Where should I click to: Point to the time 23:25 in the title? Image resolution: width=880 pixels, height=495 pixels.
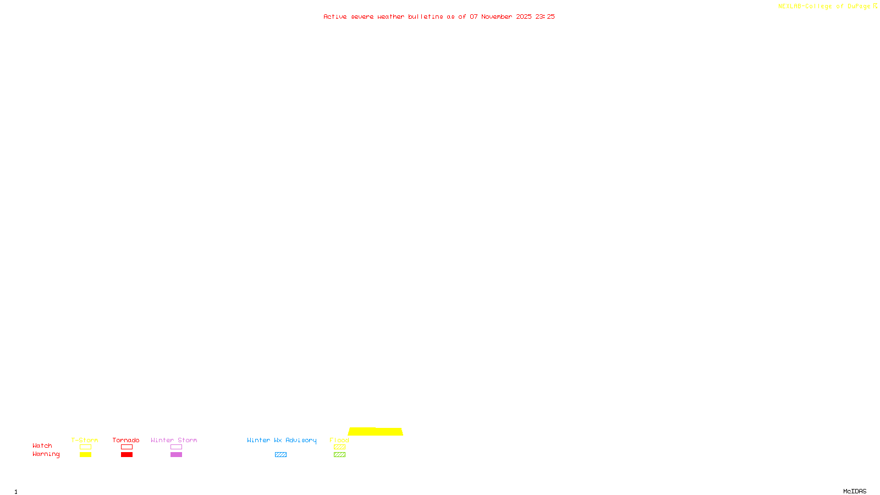pyautogui.click(x=545, y=16)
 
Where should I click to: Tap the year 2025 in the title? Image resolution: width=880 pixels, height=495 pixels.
pyautogui.click(x=524, y=16)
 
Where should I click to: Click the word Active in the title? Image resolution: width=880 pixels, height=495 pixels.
pyautogui.click(x=335, y=16)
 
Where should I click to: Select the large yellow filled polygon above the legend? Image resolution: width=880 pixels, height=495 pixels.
pyautogui.click(x=376, y=432)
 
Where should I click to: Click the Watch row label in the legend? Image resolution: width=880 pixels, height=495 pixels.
pyautogui.click(x=42, y=446)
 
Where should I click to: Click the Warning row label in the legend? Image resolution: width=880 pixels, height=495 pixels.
pyautogui.click(x=46, y=454)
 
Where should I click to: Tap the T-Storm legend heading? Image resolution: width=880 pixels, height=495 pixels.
pyautogui.click(x=85, y=440)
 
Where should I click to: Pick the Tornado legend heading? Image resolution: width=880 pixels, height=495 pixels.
pyautogui.click(x=126, y=440)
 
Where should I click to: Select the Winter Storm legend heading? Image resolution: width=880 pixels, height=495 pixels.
pyautogui.click(x=174, y=440)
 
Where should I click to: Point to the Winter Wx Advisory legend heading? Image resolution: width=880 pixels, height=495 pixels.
pyautogui.click(x=282, y=440)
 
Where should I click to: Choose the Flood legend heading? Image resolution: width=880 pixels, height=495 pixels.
pyautogui.click(x=339, y=440)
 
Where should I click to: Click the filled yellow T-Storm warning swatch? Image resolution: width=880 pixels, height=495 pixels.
pyautogui.click(x=85, y=455)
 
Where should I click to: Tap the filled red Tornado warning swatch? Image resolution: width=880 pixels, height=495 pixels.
pyautogui.click(x=127, y=455)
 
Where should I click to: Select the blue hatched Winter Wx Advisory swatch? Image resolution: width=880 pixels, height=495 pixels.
pyautogui.click(x=280, y=455)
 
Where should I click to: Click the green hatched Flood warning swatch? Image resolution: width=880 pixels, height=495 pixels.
pyautogui.click(x=339, y=455)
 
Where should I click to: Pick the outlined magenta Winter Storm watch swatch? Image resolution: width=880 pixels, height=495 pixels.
pyautogui.click(x=176, y=447)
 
